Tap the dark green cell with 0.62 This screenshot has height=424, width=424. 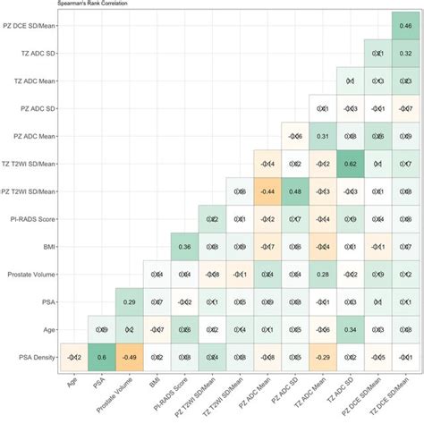coord(352,165)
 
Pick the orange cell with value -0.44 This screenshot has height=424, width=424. coord(267,192)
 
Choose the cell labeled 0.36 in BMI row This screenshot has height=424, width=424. coord(184,248)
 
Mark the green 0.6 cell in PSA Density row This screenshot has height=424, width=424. coord(101,357)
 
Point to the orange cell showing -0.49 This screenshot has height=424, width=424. coord(129,357)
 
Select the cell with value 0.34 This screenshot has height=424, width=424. coord(352,330)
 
